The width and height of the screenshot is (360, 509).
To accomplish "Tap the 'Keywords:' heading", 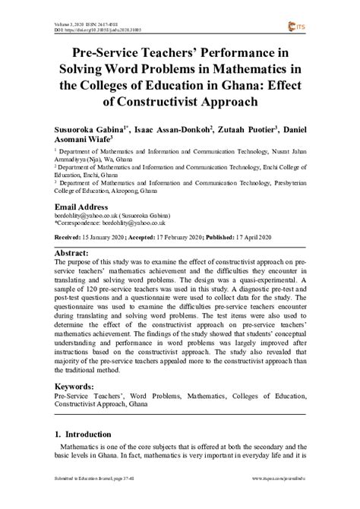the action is click(x=78, y=386).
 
